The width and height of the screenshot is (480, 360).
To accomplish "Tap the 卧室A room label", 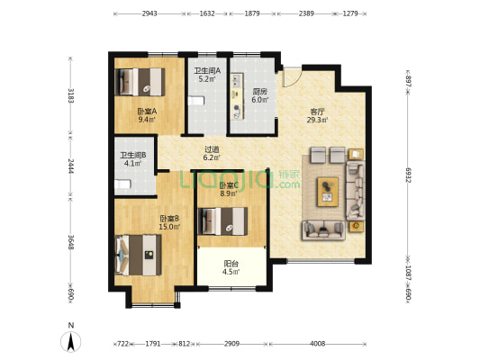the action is (147, 111).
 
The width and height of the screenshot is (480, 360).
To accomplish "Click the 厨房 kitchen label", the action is (259, 91).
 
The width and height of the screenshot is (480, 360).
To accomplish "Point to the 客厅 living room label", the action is (317, 112).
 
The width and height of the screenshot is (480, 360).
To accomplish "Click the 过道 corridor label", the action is (212, 149).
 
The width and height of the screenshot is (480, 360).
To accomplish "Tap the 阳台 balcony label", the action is (231, 264).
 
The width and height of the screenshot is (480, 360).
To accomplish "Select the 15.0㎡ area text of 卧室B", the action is (169, 227).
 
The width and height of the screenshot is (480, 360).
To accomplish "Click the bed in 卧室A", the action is (140, 82).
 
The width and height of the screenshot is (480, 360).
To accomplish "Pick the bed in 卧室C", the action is (222, 221).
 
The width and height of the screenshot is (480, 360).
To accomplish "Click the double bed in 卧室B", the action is (138, 255).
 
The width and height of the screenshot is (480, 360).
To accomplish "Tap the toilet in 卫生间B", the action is (123, 184).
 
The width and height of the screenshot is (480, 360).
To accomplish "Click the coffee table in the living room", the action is (328, 192).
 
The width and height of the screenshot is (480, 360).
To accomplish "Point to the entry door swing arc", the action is (294, 80).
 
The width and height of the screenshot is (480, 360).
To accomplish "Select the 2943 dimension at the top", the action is (149, 13).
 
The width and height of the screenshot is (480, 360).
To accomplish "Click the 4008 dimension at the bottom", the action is (318, 344).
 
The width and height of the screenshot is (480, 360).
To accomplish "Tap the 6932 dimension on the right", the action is (408, 175).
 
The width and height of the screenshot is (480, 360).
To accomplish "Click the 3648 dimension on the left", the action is (71, 242).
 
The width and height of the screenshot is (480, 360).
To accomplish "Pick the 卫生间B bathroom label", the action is (133, 155).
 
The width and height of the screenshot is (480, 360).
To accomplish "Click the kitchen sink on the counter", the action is (236, 80).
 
